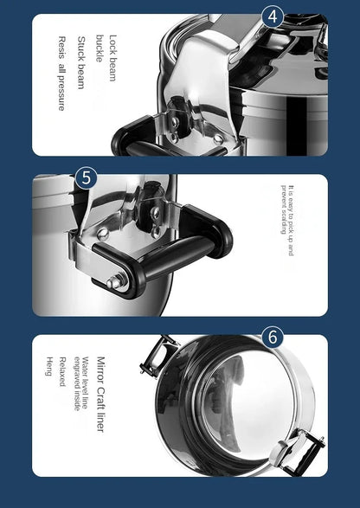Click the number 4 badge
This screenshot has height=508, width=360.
click(x=273, y=16)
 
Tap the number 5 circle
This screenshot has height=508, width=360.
click(x=85, y=177)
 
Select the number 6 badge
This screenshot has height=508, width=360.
click(x=273, y=337)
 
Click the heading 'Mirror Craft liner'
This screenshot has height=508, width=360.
click(x=100, y=394)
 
